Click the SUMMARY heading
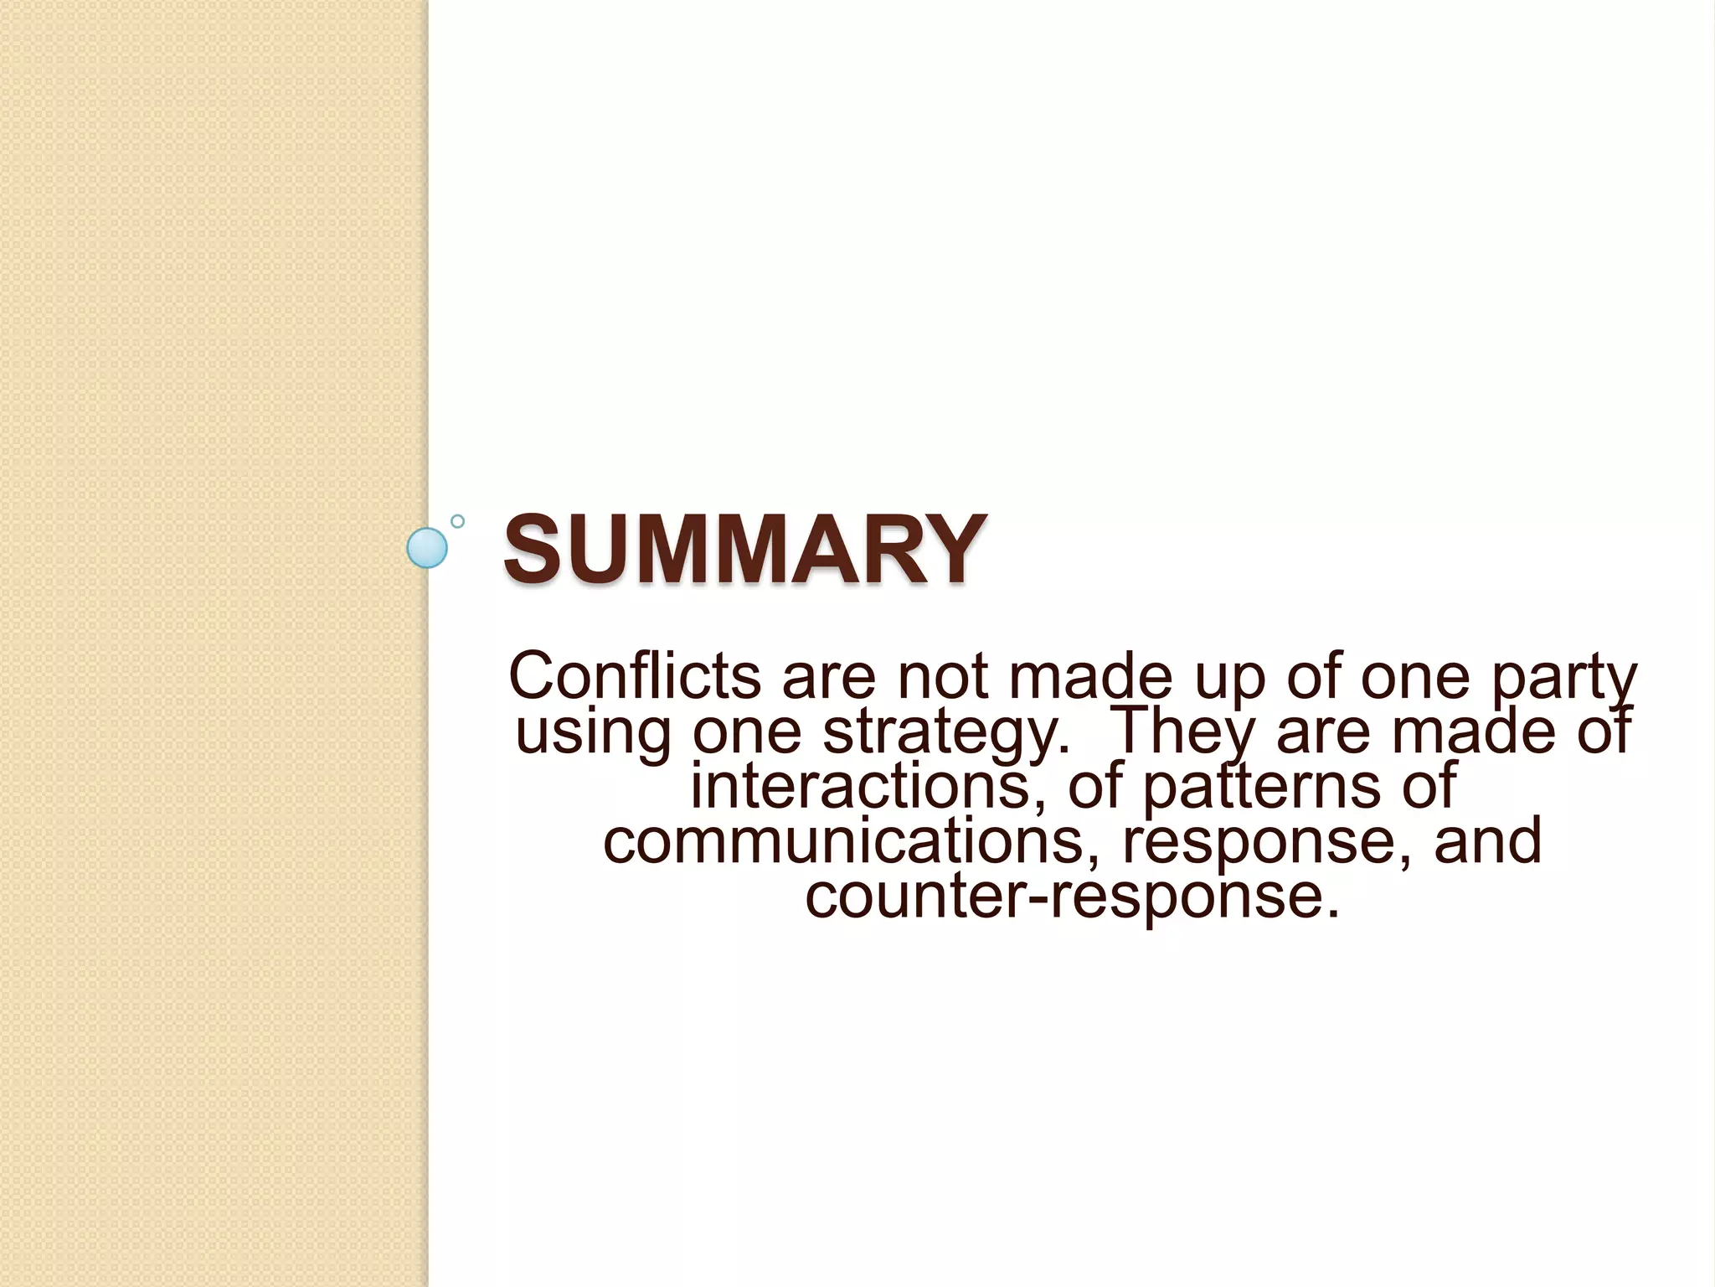[x=744, y=550]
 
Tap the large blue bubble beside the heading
[x=427, y=548]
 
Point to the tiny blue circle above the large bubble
[x=457, y=521]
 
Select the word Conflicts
[x=635, y=676]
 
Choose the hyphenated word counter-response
[x=1073, y=897]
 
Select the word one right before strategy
[x=747, y=731]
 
